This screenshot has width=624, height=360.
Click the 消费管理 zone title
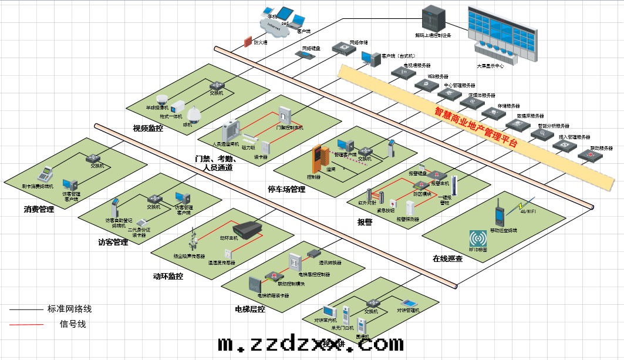pyautogui.click(x=39, y=209)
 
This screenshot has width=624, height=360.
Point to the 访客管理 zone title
pyautogui.click(x=113, y=242)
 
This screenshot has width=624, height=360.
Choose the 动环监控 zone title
pyautogui.click(x=168, y=276)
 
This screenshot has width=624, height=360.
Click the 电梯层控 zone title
pyautogui.click(x=250, y=309)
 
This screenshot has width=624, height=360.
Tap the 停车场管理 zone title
pyautogui.click(x=286, y=190)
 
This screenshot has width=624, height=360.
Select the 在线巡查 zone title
pyautogui.click(x=448, y=258)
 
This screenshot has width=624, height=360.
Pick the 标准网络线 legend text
pyautogui.click(x=69, y=309)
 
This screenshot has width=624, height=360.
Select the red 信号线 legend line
pyautogui.click(x=26, y=324)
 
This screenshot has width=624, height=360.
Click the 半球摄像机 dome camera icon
pyautogui.click(x=163, y=99)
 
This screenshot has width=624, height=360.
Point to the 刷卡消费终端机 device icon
pyautogui.click(x=44, y=174)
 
